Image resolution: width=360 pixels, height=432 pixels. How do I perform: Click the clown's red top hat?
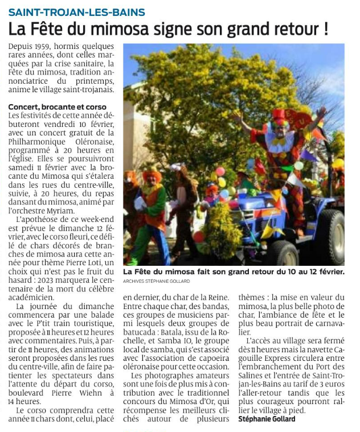tap(279, 115)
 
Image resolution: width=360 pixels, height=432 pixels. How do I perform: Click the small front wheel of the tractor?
tap(283, 254)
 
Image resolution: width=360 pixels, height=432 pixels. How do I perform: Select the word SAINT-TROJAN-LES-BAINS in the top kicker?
tap(77, 12)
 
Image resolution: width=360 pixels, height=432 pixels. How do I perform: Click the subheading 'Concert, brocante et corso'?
tap(57, 107)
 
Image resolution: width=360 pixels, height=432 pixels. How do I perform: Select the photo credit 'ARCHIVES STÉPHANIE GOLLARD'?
tap(157, 282)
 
